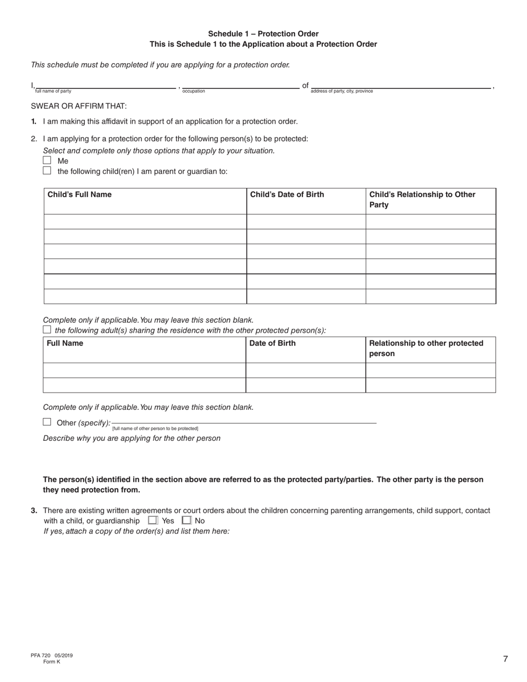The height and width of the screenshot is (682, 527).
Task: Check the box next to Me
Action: [47, 160]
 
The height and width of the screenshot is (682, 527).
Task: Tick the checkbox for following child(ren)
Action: [47, 171]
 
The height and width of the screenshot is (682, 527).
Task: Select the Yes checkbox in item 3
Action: [153, 521]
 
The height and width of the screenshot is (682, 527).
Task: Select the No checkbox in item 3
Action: [186, 521]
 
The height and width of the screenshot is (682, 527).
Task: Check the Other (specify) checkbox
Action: [47, 422]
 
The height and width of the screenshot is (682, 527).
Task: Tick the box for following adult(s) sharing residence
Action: [47, 329]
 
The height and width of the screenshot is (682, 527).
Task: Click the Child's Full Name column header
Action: [79, 195]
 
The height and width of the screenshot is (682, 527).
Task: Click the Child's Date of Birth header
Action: [287, 195]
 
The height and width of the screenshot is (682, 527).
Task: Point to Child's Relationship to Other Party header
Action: [422, 200]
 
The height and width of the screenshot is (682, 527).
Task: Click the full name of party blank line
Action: [105, 85]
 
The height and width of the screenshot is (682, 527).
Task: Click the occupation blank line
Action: [240, 85]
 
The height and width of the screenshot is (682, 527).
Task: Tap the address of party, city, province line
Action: [401, 85]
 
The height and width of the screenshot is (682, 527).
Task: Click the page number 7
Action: [505, 659]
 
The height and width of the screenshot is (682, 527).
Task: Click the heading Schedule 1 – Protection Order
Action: [263, 34]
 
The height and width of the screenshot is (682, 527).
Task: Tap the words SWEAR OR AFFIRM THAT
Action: [79, 106]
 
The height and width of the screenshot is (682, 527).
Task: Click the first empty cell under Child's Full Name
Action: [145, 222]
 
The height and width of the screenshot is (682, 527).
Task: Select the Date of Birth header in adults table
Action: [272, 343]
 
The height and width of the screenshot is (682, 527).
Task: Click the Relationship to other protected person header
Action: [426, 348]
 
